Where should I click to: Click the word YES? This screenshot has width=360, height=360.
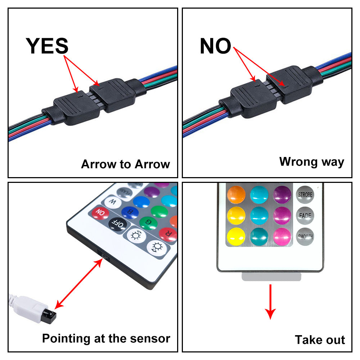click(x=47, y=46)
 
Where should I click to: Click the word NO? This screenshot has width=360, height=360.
click(x=215, y=46)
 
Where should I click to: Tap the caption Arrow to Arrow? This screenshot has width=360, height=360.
click(x=125, y=164)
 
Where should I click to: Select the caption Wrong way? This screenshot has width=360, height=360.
click(x=312, y=162)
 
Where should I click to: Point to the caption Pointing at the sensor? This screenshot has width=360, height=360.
click(x=106, y=338)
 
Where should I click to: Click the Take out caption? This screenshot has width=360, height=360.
click(x=320, y=339)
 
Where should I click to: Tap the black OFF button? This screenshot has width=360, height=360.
click(x=118, y=225)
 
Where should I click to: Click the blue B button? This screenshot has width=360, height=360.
click(x=129, y=213)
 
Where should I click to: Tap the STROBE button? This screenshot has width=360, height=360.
click(x=305, y=195)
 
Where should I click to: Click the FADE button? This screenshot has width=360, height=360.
click(x=305, y=216)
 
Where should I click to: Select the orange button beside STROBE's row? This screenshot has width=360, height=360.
click(x=237, y=195)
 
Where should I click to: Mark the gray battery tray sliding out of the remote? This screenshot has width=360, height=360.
click(x=270, y=276)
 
